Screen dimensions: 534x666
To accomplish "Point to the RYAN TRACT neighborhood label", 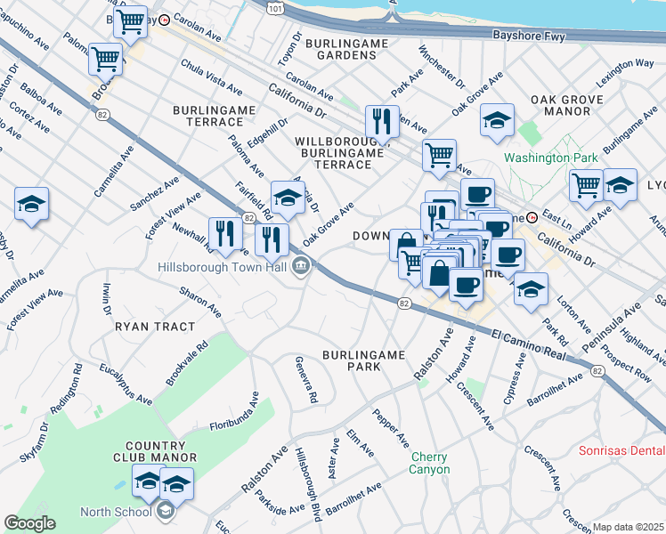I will tap(155, 327).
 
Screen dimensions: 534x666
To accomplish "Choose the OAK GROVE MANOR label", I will tap(560, 105).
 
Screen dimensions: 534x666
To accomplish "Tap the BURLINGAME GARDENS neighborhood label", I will tap(341, 49).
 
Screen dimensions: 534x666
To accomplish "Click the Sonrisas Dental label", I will tap(621, 451).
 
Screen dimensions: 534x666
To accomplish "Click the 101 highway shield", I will tap(276, 7).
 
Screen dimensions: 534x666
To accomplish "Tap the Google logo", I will tap(29, 523).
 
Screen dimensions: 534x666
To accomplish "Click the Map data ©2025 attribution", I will tap(629, 527).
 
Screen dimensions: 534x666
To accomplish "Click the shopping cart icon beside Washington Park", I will tap(586, 184).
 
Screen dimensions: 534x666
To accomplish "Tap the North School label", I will tap(115, 512).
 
